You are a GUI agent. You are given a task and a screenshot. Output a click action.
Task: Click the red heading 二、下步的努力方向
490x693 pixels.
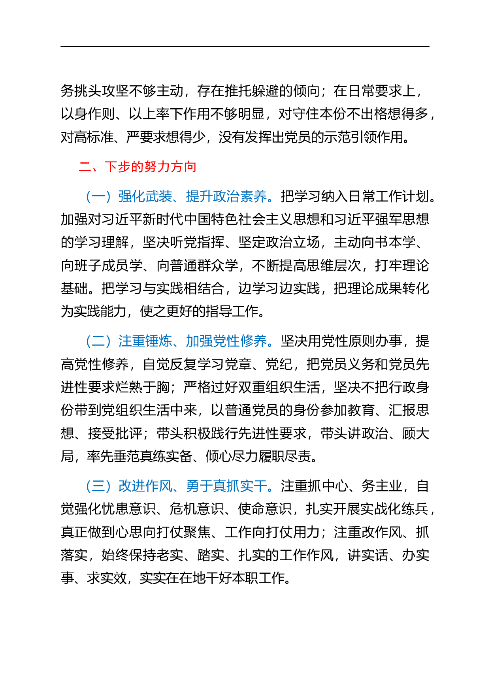pos(138,167)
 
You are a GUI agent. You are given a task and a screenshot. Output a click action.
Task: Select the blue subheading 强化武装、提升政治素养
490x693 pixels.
pos(192,196)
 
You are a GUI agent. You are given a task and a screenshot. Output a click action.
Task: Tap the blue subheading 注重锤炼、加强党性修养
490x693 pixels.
pos(192,341)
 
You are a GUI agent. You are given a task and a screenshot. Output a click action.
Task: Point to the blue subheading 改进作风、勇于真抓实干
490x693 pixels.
pos(192,486)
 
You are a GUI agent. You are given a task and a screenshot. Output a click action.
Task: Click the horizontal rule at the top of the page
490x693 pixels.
pos(245,47)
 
